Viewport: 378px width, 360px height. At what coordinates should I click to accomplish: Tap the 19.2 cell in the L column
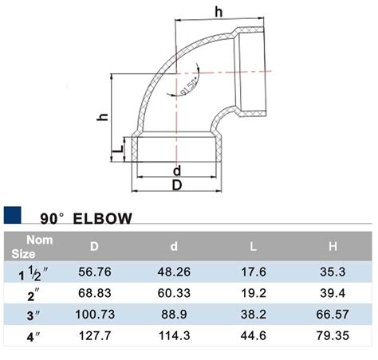point(253,295)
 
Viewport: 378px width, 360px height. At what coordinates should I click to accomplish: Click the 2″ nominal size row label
point(33,295)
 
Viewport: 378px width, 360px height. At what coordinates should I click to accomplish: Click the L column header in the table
point(253,248)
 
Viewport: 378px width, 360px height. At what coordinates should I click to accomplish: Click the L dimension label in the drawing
point(117,147)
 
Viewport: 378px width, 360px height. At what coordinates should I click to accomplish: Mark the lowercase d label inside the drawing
point(176,170)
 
